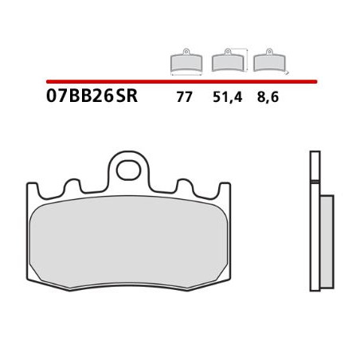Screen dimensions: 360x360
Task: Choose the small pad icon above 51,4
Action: [228, 61]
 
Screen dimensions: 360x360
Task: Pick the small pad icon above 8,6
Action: [265, 61]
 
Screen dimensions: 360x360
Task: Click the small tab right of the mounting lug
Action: [181, 187]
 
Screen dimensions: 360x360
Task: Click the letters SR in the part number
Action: [126, 97]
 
